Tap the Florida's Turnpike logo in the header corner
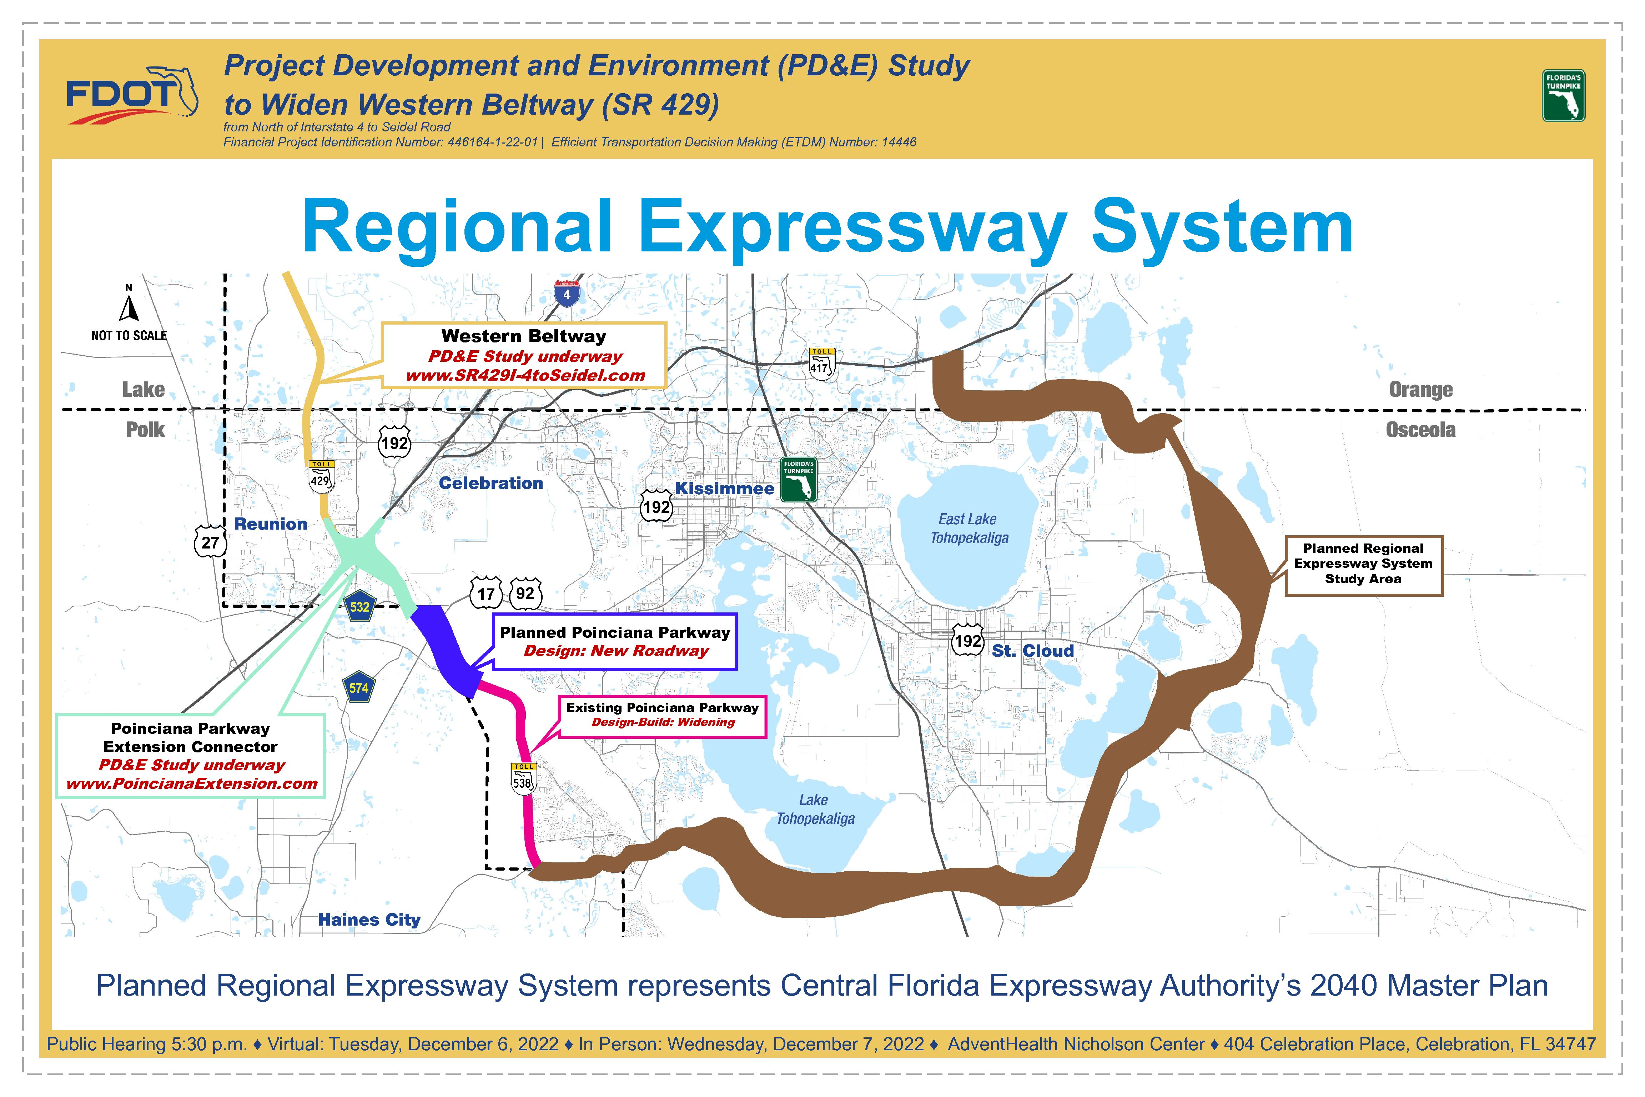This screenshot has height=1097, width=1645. pyautogui.click(x=1563, y=96)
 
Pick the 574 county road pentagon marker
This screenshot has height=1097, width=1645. pyautogui.click(x=359, y=688)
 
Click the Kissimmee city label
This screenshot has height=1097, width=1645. pyautogui.click(x=725, y=489)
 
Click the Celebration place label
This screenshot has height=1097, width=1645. pyautogui.click(x=491, y=483)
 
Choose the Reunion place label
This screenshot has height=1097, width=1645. pyautogui.click(x=271, y=524)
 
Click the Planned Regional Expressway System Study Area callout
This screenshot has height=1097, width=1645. pyautogui.click(x=1363, y=564)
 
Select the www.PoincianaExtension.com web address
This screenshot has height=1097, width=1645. pyautogui.click(x=192, y=783)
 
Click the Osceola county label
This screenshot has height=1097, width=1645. pyautogui.click(x=1420, y=430)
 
